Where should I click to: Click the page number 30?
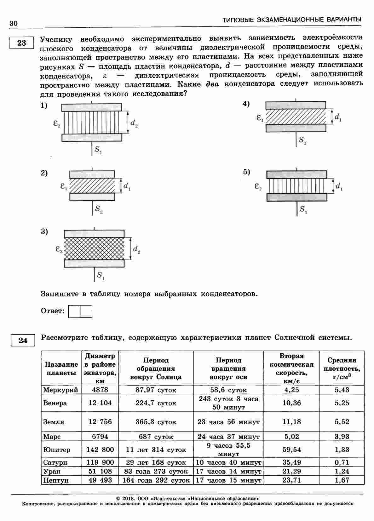pos(14,24)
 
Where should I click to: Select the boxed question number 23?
pos(21,43)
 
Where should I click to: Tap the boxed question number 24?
pos(23,341)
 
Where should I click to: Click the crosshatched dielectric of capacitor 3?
pos(94,249)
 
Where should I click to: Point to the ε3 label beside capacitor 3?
pos(59,249)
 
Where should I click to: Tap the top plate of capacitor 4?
pos(296,105)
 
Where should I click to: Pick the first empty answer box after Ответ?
pos(74,311)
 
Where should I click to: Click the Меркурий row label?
pos(60,390)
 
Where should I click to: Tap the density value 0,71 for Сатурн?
pos(342,462)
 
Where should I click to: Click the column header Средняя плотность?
pos(342,368)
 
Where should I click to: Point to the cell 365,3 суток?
pos(156,422)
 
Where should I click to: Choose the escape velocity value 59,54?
pos(291,449)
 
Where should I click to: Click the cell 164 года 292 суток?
pos(156,480)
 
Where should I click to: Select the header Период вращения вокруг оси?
pos(228,368)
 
